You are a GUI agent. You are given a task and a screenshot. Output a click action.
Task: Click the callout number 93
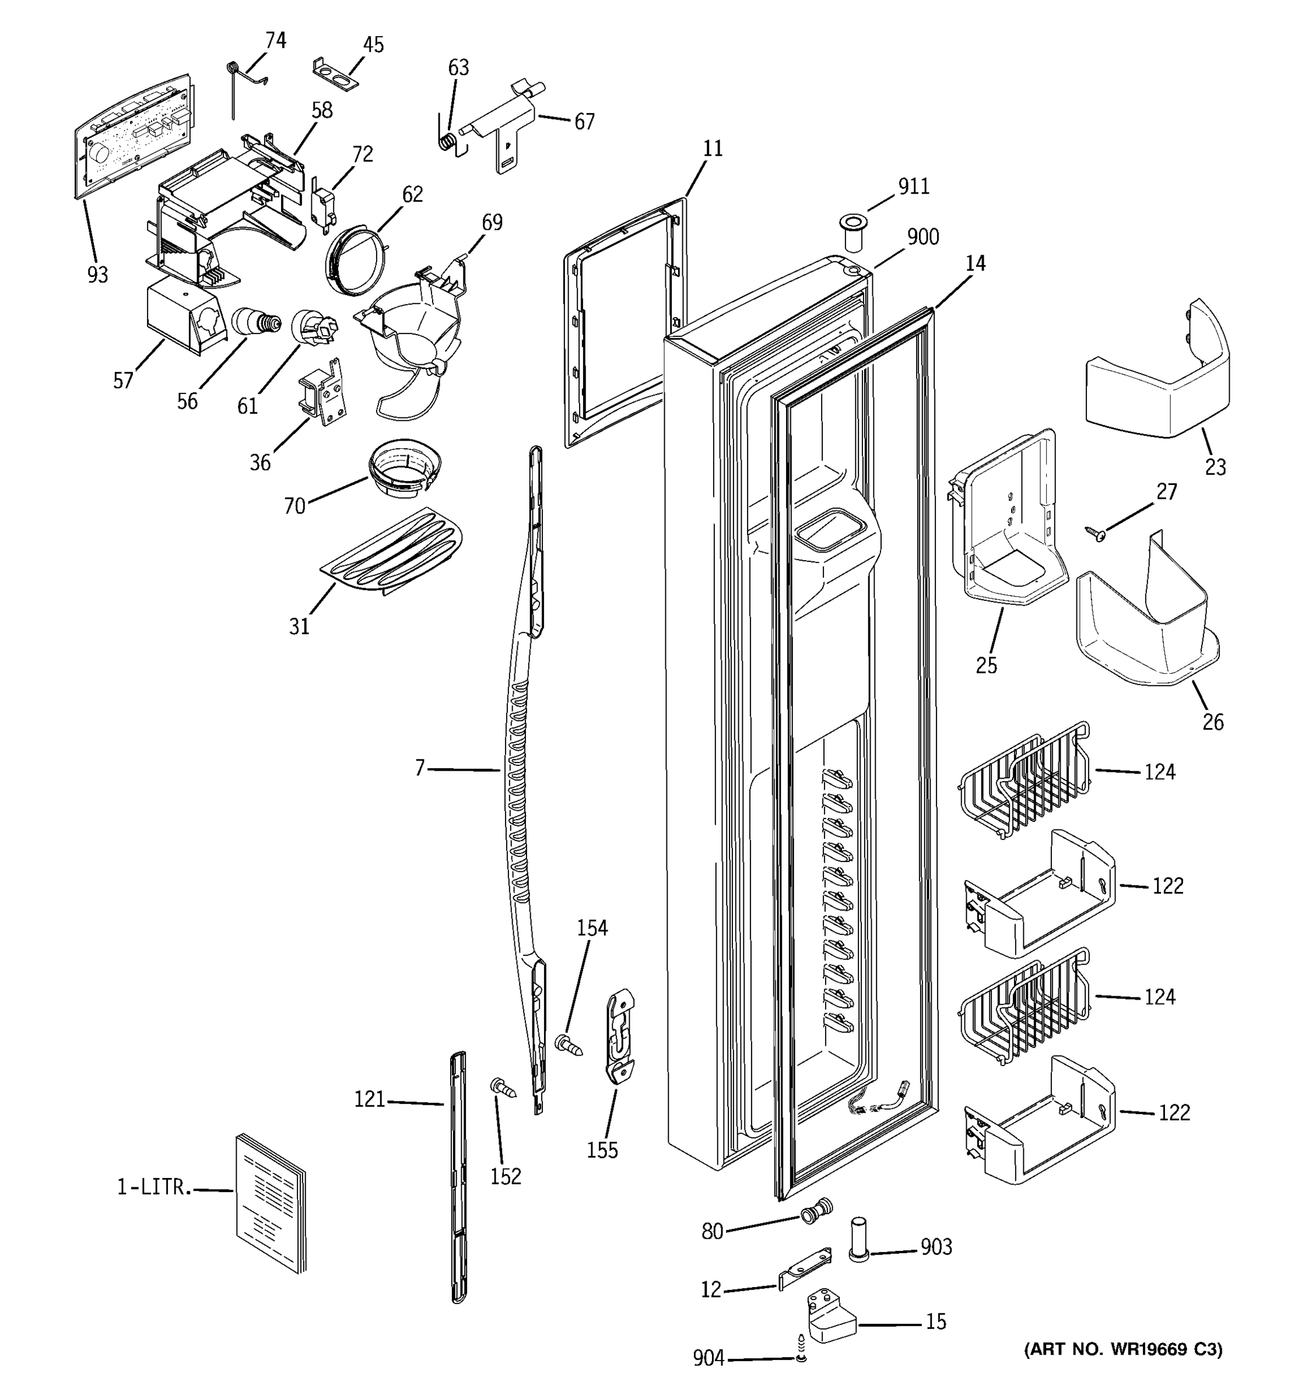(98, 275)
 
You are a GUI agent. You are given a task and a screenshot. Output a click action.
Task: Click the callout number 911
(914, 187)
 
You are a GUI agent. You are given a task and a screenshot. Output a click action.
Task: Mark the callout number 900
(922, 237)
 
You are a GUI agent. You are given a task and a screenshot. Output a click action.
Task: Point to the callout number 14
(975, 263)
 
